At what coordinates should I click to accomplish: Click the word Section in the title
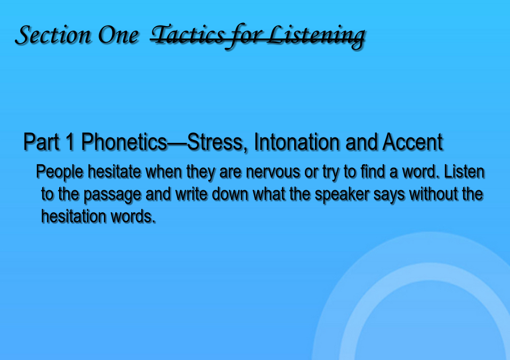53,35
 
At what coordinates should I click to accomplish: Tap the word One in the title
118,35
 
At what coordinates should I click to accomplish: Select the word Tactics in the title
188,35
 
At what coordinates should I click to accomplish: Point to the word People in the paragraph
60,172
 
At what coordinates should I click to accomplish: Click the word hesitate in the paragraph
115,171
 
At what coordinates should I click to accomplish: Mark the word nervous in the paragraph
273,172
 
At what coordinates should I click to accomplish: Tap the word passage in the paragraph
112,195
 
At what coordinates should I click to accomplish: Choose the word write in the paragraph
191,194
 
